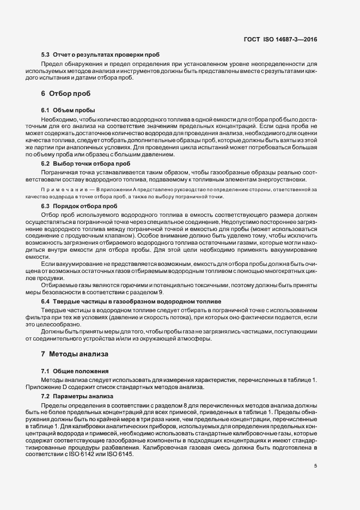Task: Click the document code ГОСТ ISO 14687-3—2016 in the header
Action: click(287, 39)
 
